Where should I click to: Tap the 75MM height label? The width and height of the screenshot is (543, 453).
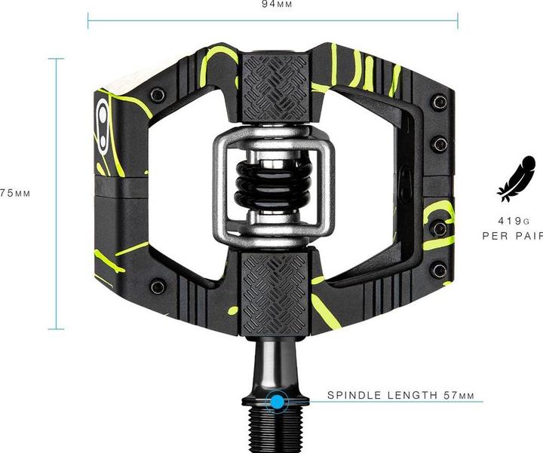14,193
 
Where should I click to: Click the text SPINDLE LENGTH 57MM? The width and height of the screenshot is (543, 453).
400,395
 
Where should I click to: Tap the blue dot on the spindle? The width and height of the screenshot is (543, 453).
278,402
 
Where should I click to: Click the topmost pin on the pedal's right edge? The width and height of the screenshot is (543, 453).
440,101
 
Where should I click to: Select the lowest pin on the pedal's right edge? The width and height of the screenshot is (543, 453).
440,270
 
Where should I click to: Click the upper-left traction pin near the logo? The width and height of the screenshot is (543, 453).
157,95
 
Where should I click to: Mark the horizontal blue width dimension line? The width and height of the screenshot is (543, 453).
272,20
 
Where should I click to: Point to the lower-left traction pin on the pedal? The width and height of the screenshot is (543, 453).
157,286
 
